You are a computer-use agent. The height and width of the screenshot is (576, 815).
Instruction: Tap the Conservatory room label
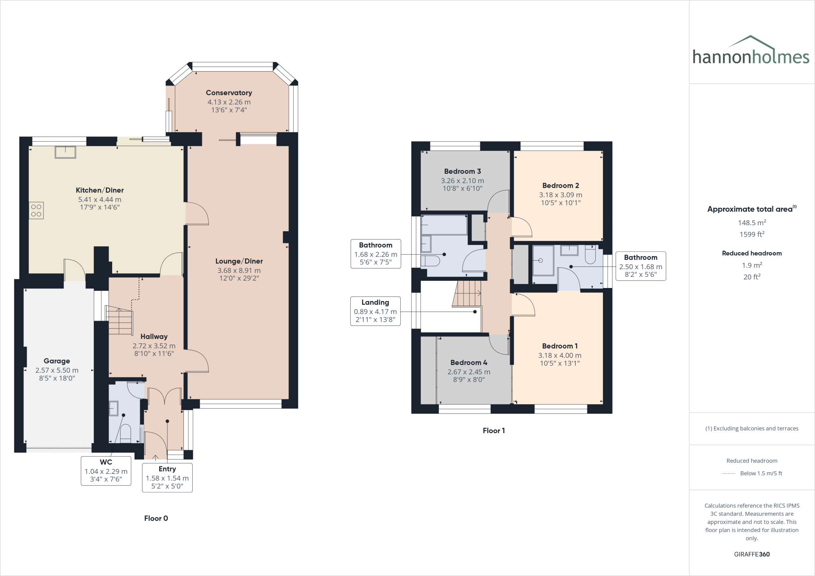(x=229, y=93)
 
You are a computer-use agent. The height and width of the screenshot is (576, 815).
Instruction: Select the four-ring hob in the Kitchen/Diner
(x=36, y=210)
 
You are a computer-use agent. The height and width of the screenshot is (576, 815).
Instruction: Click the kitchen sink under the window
(x=65, y=152)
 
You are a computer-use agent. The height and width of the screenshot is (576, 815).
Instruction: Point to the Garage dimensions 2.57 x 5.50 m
(x=57, y=370)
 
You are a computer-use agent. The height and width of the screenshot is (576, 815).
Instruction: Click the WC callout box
(x=106, y=471)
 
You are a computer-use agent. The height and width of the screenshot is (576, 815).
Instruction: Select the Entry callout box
(x=167, y=477)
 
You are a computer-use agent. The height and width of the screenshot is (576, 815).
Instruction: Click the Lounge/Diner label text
(x=239, y=261)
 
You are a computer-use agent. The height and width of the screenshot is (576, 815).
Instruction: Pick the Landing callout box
(x=375, y=311)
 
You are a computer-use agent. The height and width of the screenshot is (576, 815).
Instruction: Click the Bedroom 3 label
(x=462, y=171)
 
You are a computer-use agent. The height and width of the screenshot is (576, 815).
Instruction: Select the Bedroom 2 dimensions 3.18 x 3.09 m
(x=560, y=195)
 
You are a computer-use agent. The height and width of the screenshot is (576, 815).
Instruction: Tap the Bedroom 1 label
(x=560, y=346)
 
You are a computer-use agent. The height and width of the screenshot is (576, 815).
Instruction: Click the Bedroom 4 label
(x=468, y=363)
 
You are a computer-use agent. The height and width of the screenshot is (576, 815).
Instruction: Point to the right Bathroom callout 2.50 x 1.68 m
(x=640, y=266)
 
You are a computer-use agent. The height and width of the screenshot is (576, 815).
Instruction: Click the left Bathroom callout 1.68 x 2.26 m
(x=376, y=254)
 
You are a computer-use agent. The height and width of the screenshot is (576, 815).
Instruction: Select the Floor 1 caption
(x=493, y=430)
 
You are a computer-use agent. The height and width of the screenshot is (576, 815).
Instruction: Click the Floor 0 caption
(x=156, y=518)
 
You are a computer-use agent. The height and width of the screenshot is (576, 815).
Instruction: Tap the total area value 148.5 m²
(x=752, y=223)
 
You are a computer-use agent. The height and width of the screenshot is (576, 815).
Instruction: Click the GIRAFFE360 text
(x=752, y=554)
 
